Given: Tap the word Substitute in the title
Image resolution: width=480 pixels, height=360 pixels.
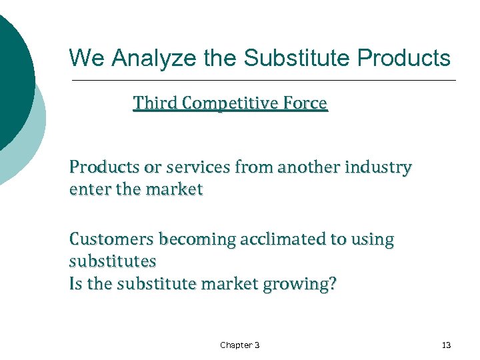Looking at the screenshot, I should click(x=297, y=58).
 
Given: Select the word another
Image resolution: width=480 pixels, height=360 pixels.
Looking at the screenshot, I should click(x=307, y=167).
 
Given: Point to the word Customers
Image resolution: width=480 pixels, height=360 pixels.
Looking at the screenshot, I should click(x=111, y=239).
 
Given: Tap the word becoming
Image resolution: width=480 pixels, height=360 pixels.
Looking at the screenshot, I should click(x=195, y=239).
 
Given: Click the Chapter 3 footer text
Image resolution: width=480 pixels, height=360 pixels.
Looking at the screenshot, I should click(x=240, y=345).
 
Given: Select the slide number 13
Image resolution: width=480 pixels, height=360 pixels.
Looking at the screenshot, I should click(x=446, y=345).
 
